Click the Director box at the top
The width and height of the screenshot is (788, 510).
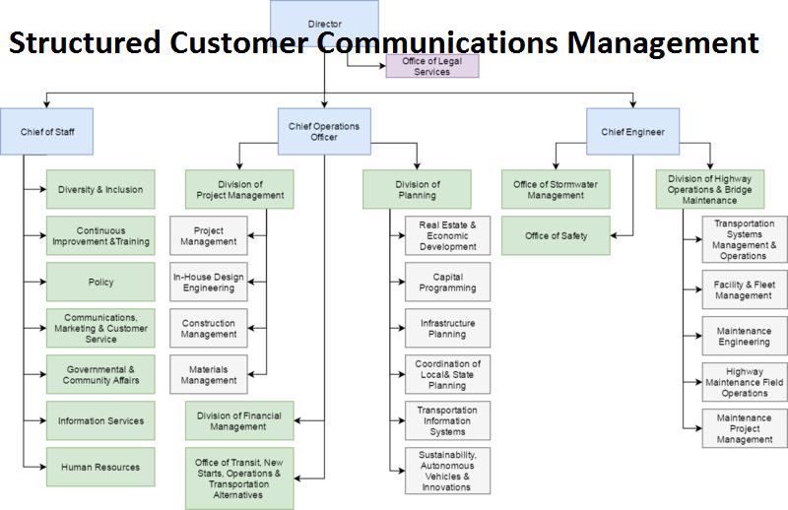coord(324,24)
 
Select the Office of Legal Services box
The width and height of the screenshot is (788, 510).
coord(432,66)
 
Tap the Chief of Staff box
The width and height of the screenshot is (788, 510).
coord(46,132)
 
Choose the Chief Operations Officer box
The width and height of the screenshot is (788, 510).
coord(324,132)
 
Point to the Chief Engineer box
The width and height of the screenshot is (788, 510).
coord(632,132)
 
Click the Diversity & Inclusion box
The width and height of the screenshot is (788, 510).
coord(100,189)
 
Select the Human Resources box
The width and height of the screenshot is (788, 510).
coord(100,468)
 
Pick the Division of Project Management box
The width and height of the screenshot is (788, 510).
coord(239,189)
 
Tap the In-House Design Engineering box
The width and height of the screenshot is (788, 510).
coord(209,282)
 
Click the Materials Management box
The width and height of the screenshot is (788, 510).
coord(209,374)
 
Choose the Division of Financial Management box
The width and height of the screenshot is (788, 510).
coord(239,421)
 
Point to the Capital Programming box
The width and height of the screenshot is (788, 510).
coord(448,282)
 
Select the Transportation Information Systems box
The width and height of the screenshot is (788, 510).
coord(448,421)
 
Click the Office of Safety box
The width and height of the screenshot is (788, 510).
coord(556,235)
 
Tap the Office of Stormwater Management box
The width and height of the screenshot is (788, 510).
coord(556,189)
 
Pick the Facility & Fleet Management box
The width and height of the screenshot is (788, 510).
coord(745,289)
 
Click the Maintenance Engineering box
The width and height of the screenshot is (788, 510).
coord(745,336)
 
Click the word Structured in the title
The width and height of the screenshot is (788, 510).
coord(85,42)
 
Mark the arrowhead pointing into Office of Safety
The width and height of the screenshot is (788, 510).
coord(614,235)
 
